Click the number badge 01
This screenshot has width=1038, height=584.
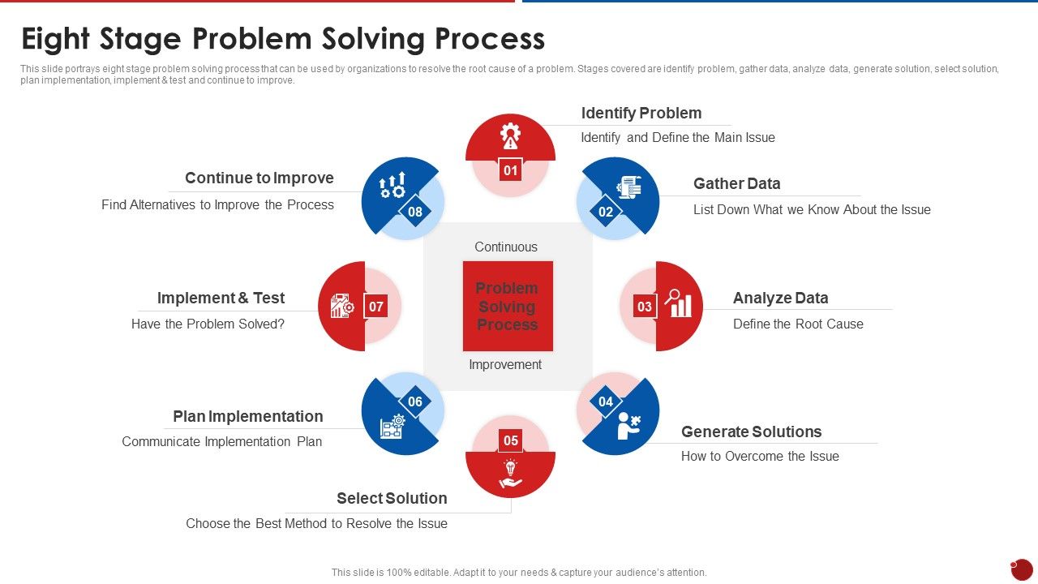coord(510,170)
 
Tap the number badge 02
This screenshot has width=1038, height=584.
coord(606,212)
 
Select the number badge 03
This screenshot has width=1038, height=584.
coord(645,307)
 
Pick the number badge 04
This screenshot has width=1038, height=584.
coord(606,401)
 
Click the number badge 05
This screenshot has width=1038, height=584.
coord(510,441)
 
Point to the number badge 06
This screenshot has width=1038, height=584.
coord(415,401)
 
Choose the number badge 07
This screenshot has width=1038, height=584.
coord(375,307)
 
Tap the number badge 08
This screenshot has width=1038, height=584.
coord(415,212)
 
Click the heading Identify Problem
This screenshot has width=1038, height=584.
coord(641,113)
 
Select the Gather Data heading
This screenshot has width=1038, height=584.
coord(736,183)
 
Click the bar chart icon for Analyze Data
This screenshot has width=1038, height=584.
coord(679,303)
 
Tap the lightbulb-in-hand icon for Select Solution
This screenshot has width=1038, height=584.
coord(510,474)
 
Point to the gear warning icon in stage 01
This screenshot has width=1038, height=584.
coord(510,136)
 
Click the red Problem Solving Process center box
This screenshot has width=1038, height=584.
coord(507,306)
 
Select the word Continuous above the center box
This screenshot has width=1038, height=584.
coord(506,247)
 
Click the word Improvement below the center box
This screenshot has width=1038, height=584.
coord(505,364)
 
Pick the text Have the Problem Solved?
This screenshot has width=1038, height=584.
coord(208,324)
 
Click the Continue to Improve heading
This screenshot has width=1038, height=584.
coord(259,178)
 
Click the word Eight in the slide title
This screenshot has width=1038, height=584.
coord(62,39)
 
